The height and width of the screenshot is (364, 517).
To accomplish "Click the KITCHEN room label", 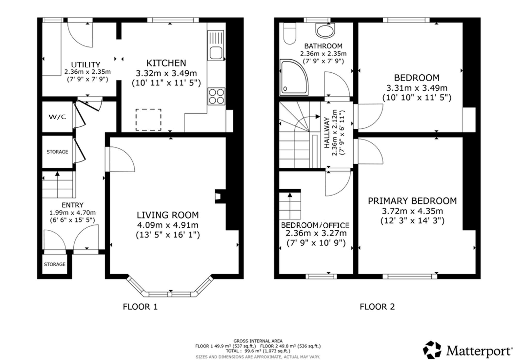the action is pos(166,63).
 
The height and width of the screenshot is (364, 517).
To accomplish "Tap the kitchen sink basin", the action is pos(216,53).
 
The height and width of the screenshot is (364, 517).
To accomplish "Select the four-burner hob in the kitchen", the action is pos(216,96).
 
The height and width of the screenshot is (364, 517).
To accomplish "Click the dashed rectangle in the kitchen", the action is pos(148,120).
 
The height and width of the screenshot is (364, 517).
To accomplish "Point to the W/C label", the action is pos(57,117).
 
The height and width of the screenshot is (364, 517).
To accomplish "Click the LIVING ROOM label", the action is pos(168,215).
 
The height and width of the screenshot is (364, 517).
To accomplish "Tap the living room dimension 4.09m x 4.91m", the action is pos(168,225).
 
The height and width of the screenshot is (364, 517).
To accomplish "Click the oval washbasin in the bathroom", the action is pos(325,31).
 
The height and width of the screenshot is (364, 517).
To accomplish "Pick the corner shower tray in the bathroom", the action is pos(294,77).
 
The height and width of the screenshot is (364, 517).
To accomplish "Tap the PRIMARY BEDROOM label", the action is pos(412,201).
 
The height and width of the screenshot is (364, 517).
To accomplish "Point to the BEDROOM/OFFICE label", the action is pos(315,225).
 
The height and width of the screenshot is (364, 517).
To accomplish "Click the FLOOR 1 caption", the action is pos(140,307).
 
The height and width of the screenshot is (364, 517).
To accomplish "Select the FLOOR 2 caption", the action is pos(377,307).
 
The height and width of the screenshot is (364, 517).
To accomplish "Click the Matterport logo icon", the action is pos(432,350).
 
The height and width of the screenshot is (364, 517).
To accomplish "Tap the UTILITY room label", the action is pos(86,65).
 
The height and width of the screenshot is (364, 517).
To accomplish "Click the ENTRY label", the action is pos(72,205).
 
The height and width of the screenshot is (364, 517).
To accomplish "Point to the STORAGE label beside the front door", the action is pos(55,264).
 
